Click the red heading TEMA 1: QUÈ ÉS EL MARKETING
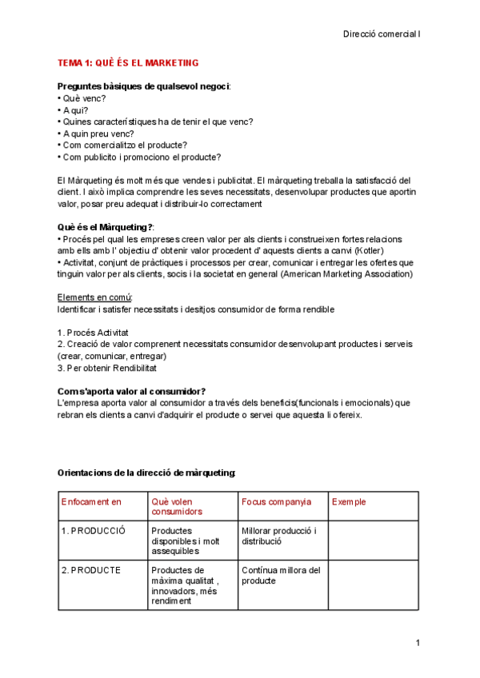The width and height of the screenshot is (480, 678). [128, 62]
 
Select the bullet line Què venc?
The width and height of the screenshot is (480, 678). [82, 98]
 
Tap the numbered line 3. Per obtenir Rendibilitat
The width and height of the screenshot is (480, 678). [107, 368]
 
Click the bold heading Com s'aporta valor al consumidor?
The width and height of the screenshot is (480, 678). [131, 391]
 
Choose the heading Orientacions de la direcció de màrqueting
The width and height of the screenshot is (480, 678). [146, 473]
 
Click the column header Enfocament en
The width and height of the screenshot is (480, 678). [91, 501]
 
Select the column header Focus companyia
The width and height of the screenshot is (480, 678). [276, 501]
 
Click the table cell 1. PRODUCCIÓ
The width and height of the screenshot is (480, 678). [94, 530]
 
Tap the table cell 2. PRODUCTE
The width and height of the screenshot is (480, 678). [91, 570]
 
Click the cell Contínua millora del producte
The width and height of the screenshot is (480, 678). [280, 575]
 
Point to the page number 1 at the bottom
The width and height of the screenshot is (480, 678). [418, 644]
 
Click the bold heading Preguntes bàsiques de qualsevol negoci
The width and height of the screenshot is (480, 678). [143, 86]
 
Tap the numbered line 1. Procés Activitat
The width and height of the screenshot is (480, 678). [93, 332]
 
